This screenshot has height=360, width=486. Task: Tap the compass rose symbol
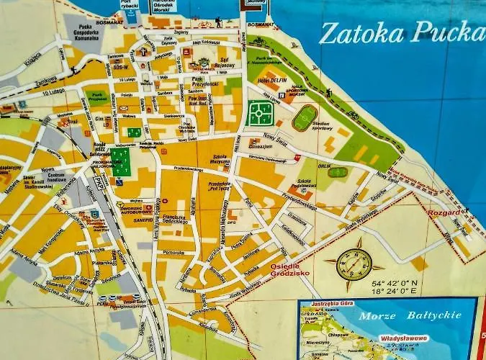[x=354, y=264]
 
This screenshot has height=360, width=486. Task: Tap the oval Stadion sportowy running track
[x=305, y=117]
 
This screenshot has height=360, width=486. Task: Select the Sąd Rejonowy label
[x=228, y=61]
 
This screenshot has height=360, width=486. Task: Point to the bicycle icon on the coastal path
[x=353, y=114]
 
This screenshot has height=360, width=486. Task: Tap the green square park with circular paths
[x=261, y=113]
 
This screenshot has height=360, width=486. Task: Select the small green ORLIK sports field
[x=337, y=173]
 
